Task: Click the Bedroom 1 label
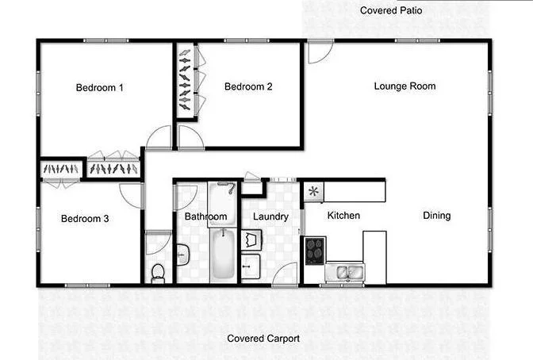(x=100, y=87)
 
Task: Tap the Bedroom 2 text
(x=248, y=87)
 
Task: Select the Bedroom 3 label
(x=85, y=219)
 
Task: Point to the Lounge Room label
(x=405, y=86)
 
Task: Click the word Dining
(x=436, y=216)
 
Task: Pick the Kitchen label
(x=343, y=216)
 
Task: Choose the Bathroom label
(x=205, y=216)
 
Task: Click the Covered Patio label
(x=391, y=11)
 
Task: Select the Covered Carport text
(x=263, y=339)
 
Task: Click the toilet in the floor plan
(x=158, y=271)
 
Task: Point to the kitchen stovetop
(x=315, y=250)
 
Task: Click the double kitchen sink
(x=350, y=274)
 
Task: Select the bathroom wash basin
(x=182, y=255)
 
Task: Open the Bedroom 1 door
(x=159, y=139)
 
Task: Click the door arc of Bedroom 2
(x=190, y=138)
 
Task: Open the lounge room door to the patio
(x=320, y=52)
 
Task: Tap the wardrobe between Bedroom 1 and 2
(x=186, y=79)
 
